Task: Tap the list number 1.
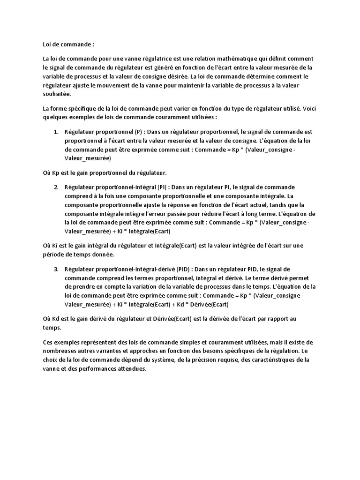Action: [56, 132]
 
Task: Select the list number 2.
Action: [56, 187]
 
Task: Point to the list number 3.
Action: [56, 269]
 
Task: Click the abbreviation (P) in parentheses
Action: [138, 132]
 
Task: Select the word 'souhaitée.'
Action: [56, 94]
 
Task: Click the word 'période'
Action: [54, 255]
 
